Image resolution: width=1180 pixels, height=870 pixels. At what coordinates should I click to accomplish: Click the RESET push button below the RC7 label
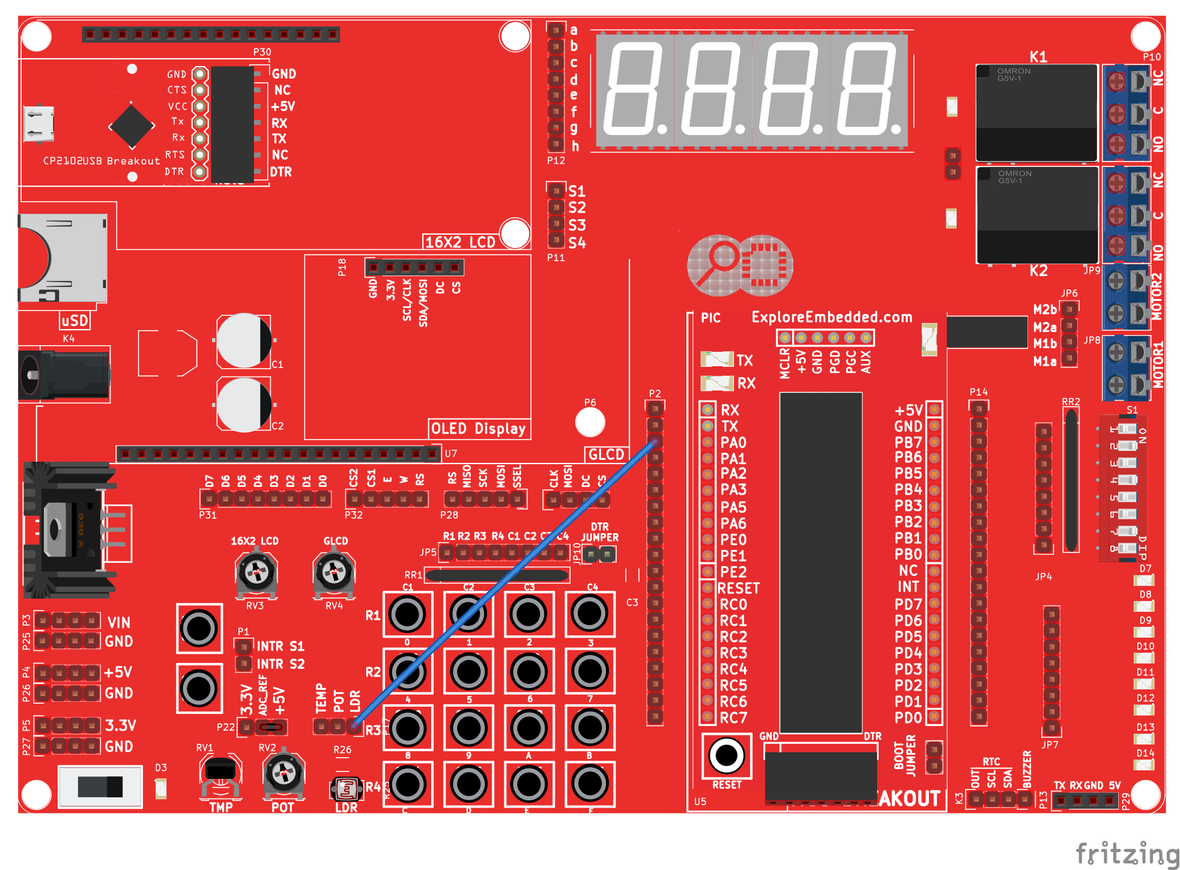(726, 755)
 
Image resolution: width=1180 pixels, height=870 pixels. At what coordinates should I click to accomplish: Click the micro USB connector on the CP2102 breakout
(38, 124)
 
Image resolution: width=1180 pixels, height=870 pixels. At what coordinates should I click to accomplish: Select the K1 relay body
(1036, 112)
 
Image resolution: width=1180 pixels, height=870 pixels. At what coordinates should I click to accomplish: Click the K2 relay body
(1037, 215)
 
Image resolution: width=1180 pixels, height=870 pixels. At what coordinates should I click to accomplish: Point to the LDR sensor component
(346, 788)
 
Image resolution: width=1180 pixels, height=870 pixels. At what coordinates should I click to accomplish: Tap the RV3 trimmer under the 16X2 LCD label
(256, 572)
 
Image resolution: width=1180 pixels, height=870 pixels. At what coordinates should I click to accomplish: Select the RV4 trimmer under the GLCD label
(334, 572)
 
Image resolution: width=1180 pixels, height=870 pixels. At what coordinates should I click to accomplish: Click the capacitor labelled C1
(244, 340)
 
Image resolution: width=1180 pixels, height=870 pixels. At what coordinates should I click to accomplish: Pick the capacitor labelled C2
(244, 404)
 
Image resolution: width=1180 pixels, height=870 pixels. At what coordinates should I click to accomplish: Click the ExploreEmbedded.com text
(831, 317)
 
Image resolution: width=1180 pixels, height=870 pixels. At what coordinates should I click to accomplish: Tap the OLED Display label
(478, 429)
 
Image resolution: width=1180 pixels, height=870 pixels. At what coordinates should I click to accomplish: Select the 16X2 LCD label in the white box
(460, 242)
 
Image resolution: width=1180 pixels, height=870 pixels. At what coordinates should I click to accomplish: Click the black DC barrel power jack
(64, 375)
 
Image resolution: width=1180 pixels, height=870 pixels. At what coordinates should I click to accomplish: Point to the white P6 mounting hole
(590, 422)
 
